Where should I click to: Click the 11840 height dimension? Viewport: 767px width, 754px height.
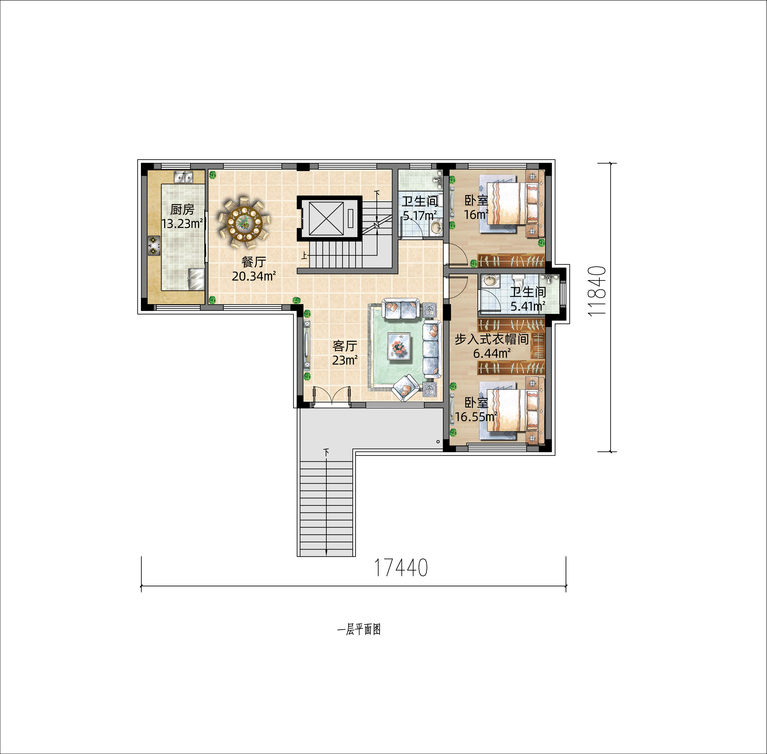coord(598,291)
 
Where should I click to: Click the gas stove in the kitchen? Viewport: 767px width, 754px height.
coord(154,246)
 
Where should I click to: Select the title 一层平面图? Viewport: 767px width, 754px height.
coord(359,630)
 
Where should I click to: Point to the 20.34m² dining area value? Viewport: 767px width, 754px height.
coord(254,276)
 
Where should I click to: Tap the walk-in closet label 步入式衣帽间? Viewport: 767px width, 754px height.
coord(492,339)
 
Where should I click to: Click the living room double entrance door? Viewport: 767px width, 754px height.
coord(332,396)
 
